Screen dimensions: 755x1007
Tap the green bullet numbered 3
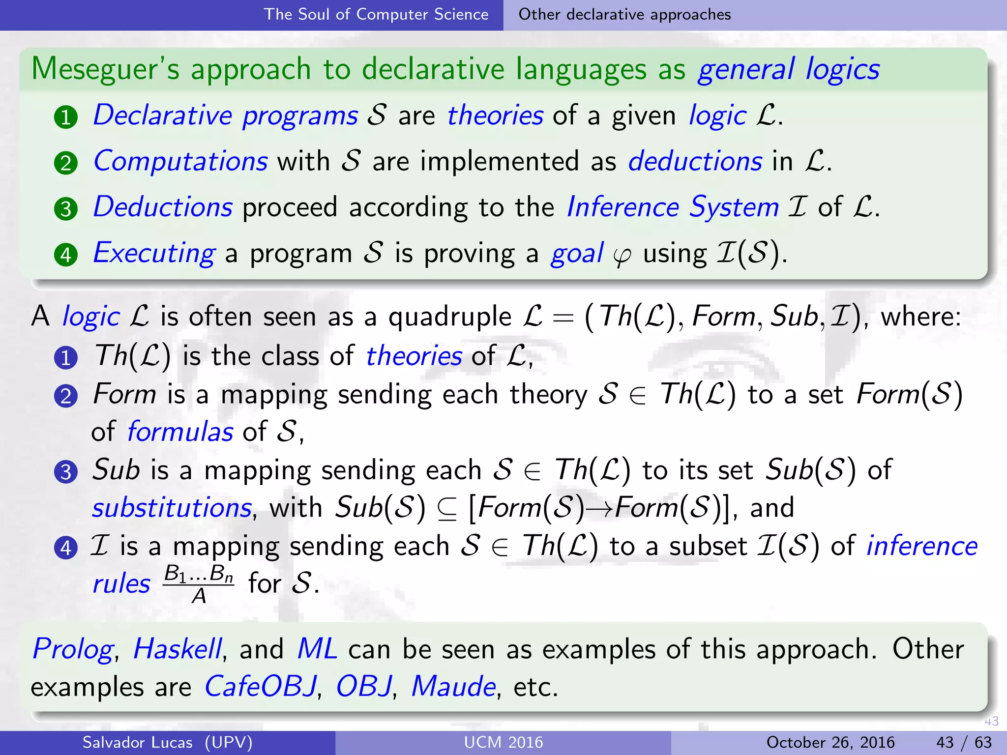[66, 209]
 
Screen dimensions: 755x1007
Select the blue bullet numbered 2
[66, 396]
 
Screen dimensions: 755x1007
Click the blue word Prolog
[73, 650]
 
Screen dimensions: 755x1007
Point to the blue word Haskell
[178, 649]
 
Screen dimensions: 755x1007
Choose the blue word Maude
[453, 686]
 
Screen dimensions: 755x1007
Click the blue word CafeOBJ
[260, 686]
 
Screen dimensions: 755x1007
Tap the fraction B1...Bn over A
[199, 584]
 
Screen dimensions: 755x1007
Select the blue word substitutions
[172, 508]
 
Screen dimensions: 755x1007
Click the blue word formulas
[180, 432]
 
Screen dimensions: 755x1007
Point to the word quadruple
[449, 317]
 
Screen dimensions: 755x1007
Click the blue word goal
[577, 254]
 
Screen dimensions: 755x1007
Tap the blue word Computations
[180, 161]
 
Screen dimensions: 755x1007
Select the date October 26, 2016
[830, 742]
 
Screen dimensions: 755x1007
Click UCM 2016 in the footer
[503, 742]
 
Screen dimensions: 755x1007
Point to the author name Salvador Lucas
[137, 742]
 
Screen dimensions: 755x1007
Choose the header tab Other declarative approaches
[624, 15]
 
